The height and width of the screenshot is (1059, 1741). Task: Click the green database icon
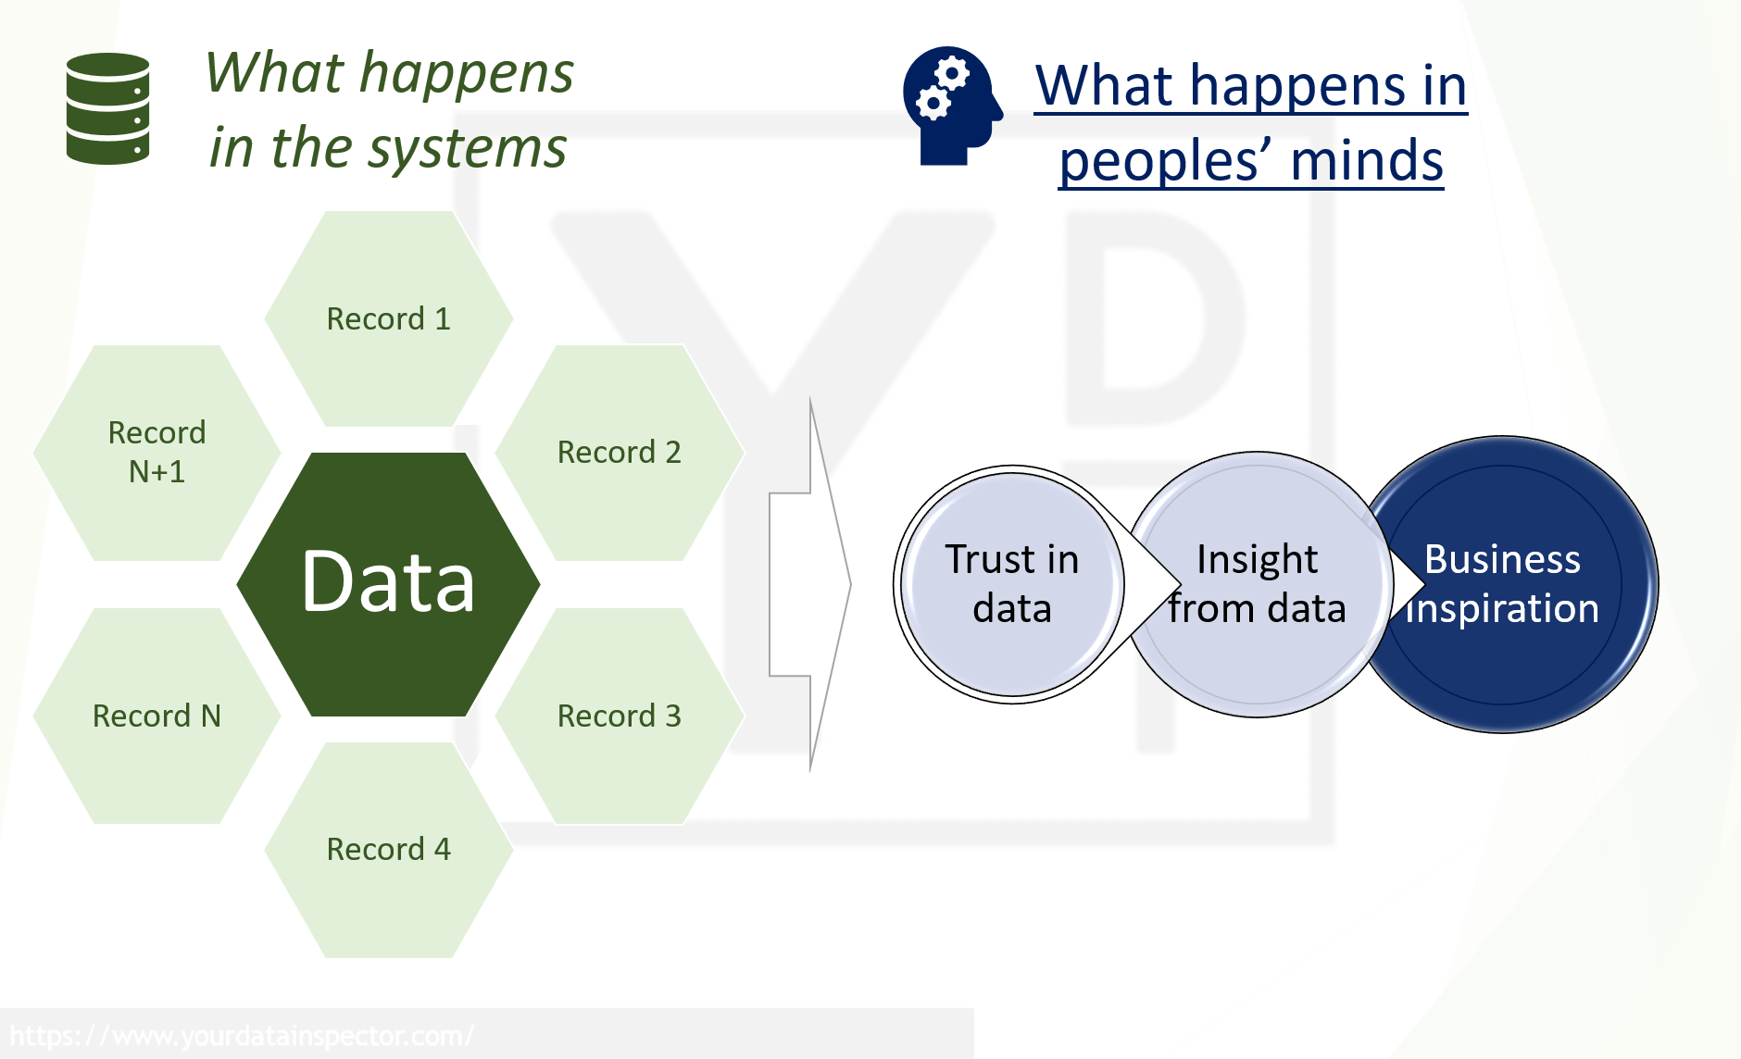pos(108,108)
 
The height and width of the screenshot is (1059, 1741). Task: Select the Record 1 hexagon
pos(389,318)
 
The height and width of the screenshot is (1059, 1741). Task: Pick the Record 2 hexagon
pos(619,453)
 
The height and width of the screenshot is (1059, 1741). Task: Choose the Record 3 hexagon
pos(619,716)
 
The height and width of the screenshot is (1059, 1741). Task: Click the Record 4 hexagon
pos(389,850)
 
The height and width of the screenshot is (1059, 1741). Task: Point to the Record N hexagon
pos(157,716)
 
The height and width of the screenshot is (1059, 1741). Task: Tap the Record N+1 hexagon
pos(157,453)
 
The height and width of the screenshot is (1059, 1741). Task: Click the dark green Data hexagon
pos(389,584)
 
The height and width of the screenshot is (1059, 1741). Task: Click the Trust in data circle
pos(1011,584)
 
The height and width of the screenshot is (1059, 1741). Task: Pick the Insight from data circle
pos(1257,584)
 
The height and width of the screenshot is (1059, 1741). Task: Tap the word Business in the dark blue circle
pos(1502,559)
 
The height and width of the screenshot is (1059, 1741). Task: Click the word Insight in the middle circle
pos(1257,559)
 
